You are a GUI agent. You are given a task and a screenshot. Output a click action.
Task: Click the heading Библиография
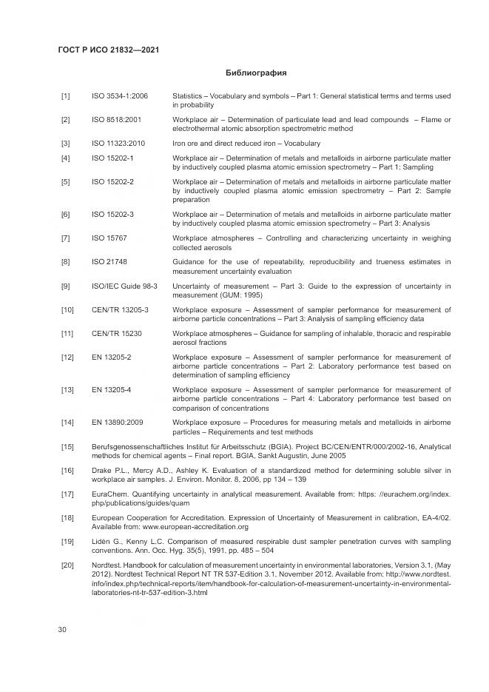pos(255,73)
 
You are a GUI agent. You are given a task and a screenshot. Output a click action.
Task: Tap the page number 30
pos(63,629)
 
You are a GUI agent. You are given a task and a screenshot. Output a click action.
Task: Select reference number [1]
pos(66,96)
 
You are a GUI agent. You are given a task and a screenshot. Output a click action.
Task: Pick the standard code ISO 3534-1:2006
pos(120,96)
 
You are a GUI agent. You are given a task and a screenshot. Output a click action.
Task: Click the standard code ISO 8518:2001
pos(117,120)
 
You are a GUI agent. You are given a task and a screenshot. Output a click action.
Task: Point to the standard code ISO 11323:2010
pos(118,143)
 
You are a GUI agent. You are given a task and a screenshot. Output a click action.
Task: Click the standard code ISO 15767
pos(109,238)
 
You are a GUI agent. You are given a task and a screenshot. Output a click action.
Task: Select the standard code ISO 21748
pos(109,261)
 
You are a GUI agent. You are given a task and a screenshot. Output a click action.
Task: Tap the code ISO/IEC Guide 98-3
pos(124,285)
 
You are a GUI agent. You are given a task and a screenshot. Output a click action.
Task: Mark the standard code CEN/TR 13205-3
pos(120,309)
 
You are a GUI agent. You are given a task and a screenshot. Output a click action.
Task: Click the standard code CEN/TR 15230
pos(117,333)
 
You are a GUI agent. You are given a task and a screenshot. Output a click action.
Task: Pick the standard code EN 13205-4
pos(112,389)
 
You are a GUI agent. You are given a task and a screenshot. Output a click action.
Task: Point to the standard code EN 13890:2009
pos(118,422)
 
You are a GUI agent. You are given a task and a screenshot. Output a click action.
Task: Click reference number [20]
pos(67,565)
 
